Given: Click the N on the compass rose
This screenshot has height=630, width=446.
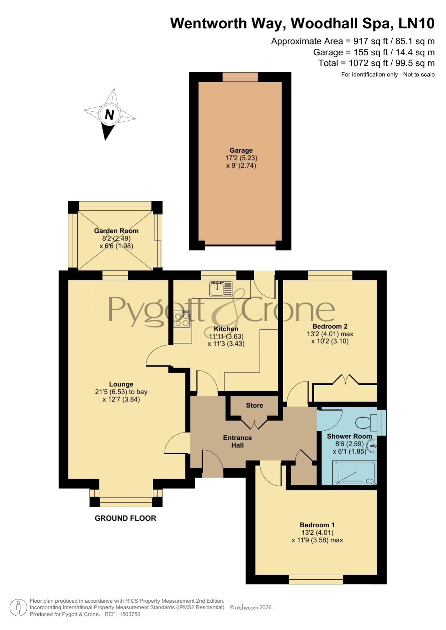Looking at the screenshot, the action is tap(109, 115).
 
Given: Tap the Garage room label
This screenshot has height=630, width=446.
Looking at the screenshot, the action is tap(241, 150).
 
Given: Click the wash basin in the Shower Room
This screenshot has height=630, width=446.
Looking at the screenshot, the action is tap(372, 446).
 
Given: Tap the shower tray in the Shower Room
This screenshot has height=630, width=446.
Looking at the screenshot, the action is tap(355, 473).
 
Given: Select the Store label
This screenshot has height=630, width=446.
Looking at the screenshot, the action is tap(254, 405).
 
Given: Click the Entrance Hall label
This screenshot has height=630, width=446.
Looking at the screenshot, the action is tap(238, 442).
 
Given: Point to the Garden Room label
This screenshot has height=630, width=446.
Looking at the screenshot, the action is tap(116, 231).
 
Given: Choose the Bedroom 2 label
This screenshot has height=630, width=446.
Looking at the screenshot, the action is tap(330, 326).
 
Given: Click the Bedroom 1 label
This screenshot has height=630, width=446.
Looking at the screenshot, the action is tap(317, 525).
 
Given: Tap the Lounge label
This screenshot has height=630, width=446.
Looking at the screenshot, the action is tap(121, 384).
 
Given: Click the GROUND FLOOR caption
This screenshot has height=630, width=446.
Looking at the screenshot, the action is tap(125, 518).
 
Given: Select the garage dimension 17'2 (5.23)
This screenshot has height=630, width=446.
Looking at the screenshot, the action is tap(241, 158).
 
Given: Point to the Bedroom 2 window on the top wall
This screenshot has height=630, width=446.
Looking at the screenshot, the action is tap(330, 275).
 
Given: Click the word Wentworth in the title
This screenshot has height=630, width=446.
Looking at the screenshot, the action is tap(208, 23).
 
